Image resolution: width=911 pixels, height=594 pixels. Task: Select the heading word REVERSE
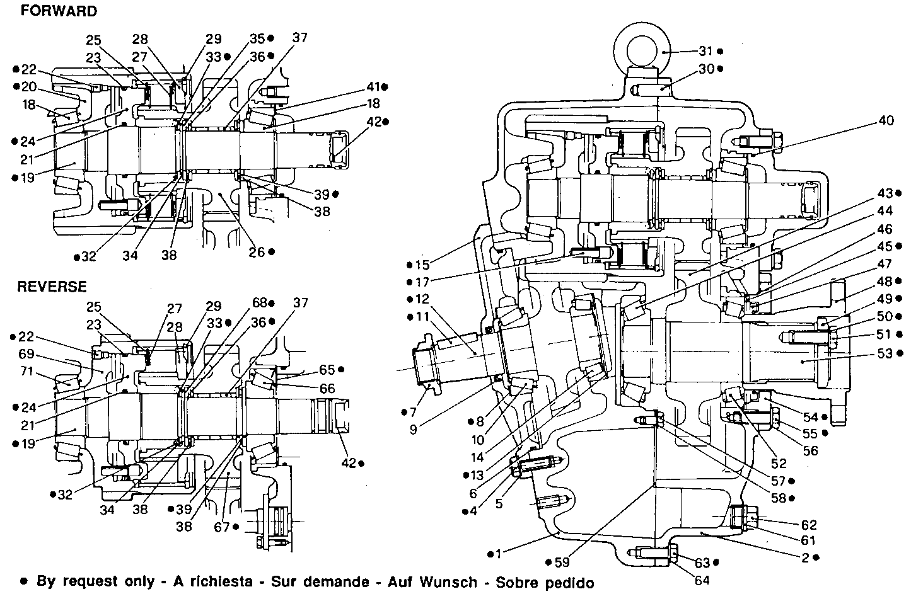(52, 287)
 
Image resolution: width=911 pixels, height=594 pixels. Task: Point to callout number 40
(886, 121)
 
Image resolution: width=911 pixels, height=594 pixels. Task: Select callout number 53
(885, 353)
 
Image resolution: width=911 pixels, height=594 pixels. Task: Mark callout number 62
(809, 525)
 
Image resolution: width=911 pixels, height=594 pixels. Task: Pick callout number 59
(561, 562)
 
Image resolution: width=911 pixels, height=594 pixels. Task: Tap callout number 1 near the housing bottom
(499, 554)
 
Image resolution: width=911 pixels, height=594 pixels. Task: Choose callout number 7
(413, 413)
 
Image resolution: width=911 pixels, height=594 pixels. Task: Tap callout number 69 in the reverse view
(26, 355)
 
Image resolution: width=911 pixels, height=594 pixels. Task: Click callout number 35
(257, 38)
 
